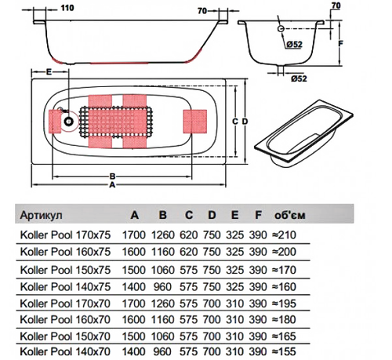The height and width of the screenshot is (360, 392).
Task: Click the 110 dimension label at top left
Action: [67, 8]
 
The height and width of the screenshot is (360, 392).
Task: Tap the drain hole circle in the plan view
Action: [68, 122]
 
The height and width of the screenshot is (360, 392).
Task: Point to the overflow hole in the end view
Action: [281, 29]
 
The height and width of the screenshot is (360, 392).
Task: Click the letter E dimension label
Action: [49, 72]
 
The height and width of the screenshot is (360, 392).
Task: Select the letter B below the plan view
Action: [112, 176]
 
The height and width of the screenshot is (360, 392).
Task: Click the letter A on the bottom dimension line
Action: [112, 185]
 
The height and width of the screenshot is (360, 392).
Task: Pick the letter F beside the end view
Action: [340, 43]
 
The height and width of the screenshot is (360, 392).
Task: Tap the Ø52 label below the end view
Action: [299, 78]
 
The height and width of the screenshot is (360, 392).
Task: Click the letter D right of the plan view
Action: [245, 122]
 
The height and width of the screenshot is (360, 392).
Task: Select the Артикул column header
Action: [42, 215]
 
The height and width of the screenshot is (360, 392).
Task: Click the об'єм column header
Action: [290, 215]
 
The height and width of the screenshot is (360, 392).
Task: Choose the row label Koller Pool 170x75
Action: [65, 235]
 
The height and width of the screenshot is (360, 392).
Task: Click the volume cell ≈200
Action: [284, 252]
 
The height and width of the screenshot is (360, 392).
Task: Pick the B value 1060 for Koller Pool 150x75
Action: [162, 270]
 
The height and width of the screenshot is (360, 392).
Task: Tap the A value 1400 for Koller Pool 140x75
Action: [133, 287]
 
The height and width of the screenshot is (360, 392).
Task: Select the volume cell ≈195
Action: [284, 304]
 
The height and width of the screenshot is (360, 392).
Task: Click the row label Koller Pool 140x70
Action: [65, 351]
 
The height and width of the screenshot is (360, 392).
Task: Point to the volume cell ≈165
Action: [284, 336]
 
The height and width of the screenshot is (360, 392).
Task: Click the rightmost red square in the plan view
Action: [195, 122]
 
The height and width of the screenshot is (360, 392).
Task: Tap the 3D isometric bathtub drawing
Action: [303, 134]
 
